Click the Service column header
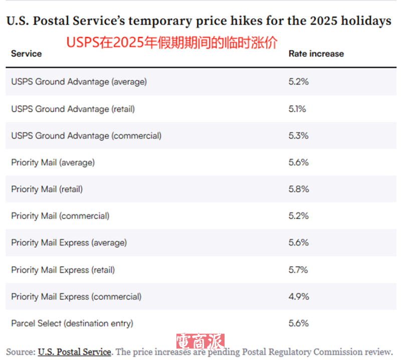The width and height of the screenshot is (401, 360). pyautogui.click(x=26, y=54)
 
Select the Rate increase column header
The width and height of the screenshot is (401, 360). pyautogui.click(x=316, y=54)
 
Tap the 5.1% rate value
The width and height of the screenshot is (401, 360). pyautogui.click(x=297, y=109)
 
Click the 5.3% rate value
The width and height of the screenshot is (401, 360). pyautogui.click(x=298, y=135)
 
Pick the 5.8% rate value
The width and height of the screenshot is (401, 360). pyautogui.click(x=299, y=189)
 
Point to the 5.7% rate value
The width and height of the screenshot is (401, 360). pyautogui.click(x=298, y=270)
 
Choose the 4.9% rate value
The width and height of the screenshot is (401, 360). pyautogui.click(x=299, y=296)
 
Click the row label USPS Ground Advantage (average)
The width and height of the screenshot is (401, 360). pyautogui.click(x=79, y=82)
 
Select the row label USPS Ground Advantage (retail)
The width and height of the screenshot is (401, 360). pyautogui.click(x=73, y=109)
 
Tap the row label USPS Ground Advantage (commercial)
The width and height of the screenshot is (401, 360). pyautogui.click(x=86, y=135)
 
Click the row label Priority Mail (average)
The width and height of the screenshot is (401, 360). pyautogui.click(x=53, y=162)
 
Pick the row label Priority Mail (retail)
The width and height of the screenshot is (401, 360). pyautogui.click(x=47, y=189)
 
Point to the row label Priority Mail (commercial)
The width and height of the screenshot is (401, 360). pyautogui.click(x=60, y=216)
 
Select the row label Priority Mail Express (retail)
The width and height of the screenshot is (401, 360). pyautogui.click(x=63, y=270)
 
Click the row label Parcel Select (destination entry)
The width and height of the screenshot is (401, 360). pyautogui.click(x=72, y=323)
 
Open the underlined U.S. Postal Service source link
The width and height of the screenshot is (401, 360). pyautogui.click(x=74, y=351)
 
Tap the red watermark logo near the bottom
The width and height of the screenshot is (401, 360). pyautogui.click(x=200, y=342)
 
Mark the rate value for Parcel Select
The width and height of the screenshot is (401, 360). pyautogui.click(x=299, y=323)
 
